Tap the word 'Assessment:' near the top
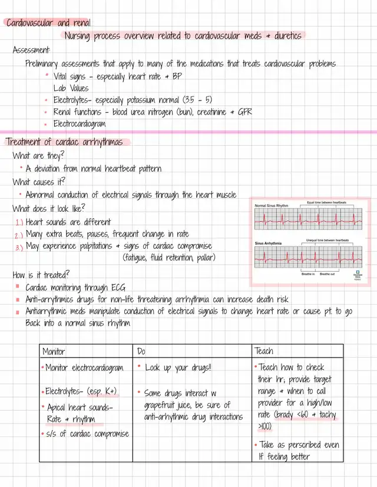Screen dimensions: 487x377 (x=32, y=51)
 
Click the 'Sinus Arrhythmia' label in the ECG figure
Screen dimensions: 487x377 (x=268, y=242)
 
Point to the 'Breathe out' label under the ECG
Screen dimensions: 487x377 (x=327, y=274)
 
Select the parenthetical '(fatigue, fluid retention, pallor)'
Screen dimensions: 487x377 (x=169, y=258)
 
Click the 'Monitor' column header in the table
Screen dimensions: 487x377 (x=54, y=351)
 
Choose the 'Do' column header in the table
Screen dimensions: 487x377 (x=141, y=351)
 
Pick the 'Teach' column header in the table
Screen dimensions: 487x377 (x=264, y=351)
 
